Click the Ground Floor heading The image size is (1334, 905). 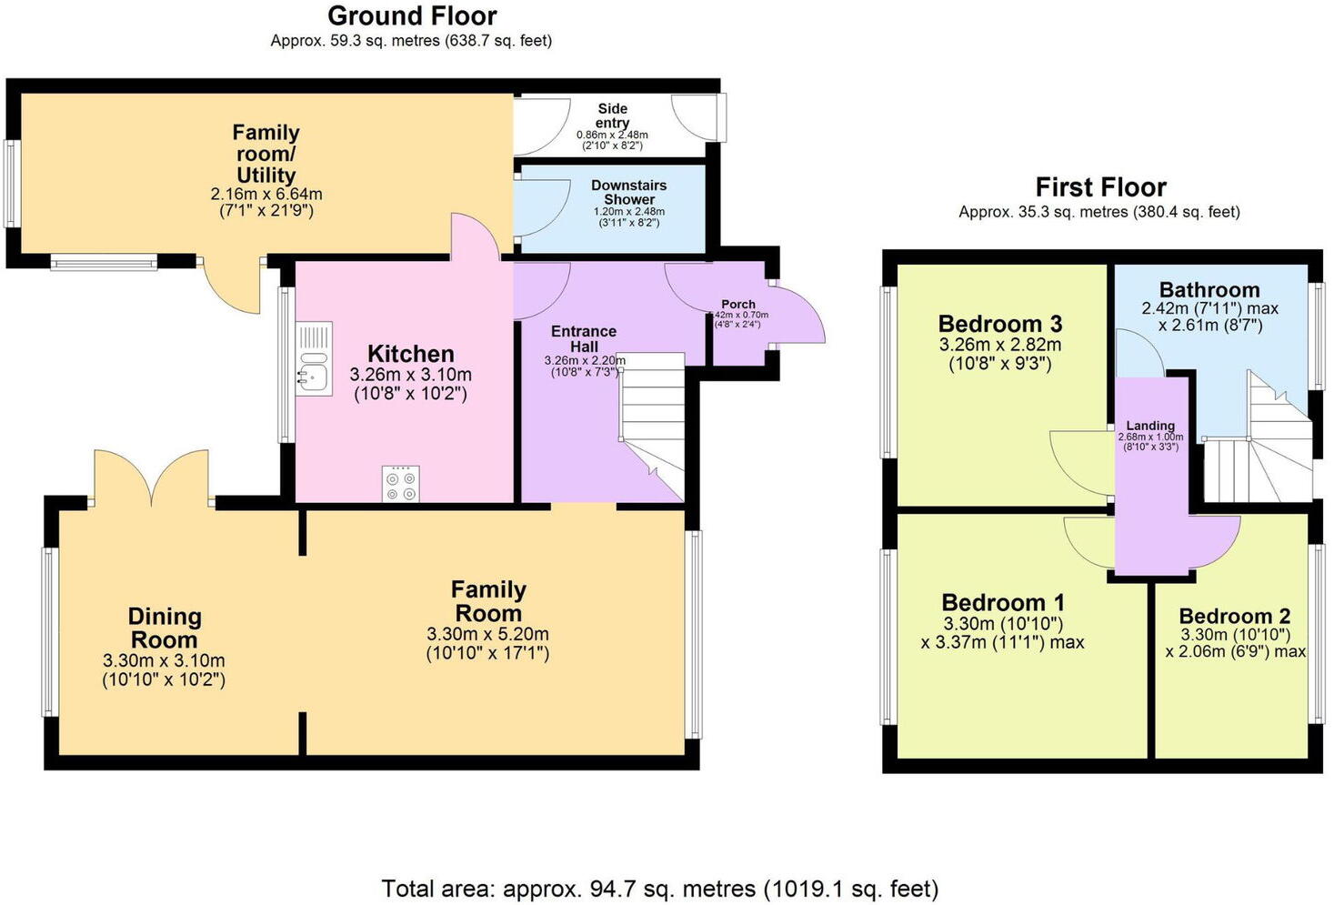pos(412,16)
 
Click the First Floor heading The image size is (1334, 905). pos(1100,187)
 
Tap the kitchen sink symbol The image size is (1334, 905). pos(314,359)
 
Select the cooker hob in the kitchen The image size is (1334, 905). pos(401,483)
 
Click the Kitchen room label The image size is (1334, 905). pos(410,354)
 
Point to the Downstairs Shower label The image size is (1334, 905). pos(628,192)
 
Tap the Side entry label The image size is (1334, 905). pos(612,116)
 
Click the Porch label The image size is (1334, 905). pos(737,304)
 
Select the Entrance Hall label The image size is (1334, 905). pos(583,338)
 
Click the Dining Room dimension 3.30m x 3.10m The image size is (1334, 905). pos(164,661)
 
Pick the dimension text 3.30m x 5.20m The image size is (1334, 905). pos(487,634)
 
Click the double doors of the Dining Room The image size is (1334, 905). pos(152,478)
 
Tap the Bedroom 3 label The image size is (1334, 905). pos(999,324)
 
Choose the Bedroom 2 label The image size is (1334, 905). pos(1234,616)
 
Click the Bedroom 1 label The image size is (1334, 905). pos(1002,602)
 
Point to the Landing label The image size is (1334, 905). pos(1150,425)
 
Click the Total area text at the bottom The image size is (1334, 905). pos(659,888)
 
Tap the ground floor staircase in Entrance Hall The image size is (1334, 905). pos(652,423)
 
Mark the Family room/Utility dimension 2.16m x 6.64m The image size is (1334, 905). pos(266,194)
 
